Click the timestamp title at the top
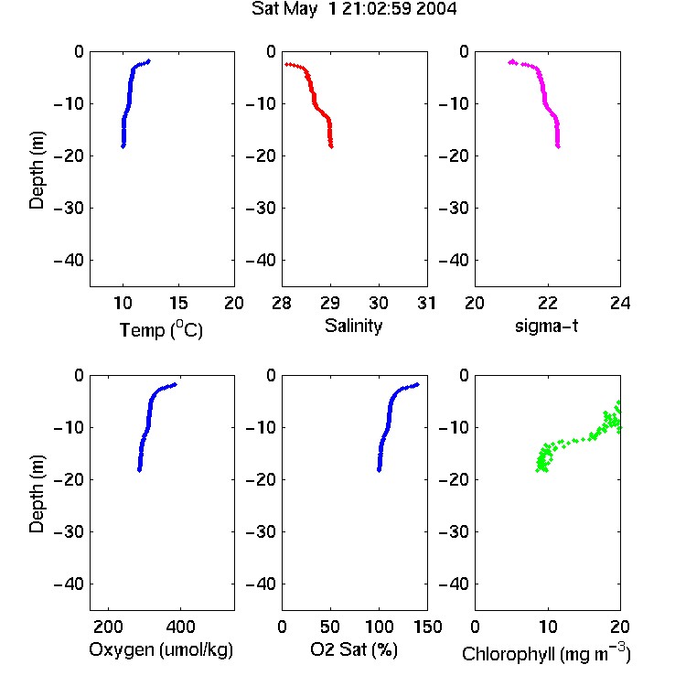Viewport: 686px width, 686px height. tap(354, 9)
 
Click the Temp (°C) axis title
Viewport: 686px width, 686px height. tap(161, 329)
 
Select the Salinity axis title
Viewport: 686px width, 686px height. tap(353, 326)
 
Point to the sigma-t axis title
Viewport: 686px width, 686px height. tap(546, 326)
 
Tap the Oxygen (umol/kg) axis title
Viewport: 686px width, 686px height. tap(161, 649)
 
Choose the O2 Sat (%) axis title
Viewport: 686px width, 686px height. tap(354, 649)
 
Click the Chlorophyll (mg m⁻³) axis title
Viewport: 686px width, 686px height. tap(546, 653)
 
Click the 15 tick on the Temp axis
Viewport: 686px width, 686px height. tap(178, 303)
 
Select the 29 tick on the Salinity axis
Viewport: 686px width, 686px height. tap(330, 303)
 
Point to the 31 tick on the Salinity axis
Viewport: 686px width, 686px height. tap(427, 303)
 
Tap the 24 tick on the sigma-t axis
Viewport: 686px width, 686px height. tap(620, 303)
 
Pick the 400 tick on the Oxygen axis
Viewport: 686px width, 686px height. tap(180, 627)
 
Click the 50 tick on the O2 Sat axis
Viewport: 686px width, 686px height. tap(330, 627)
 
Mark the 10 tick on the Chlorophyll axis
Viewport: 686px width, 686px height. tap(548, 627)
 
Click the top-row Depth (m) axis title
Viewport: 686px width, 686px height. tap(37, 170)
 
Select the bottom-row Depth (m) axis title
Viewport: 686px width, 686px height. tap(37, 494)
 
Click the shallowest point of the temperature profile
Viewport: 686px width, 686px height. tap(149, 61)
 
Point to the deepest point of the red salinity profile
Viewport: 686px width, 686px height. tap(331, 146)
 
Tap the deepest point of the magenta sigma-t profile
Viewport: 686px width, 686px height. tap(558, 146)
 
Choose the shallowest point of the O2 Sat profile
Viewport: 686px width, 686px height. tap(417, 384)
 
